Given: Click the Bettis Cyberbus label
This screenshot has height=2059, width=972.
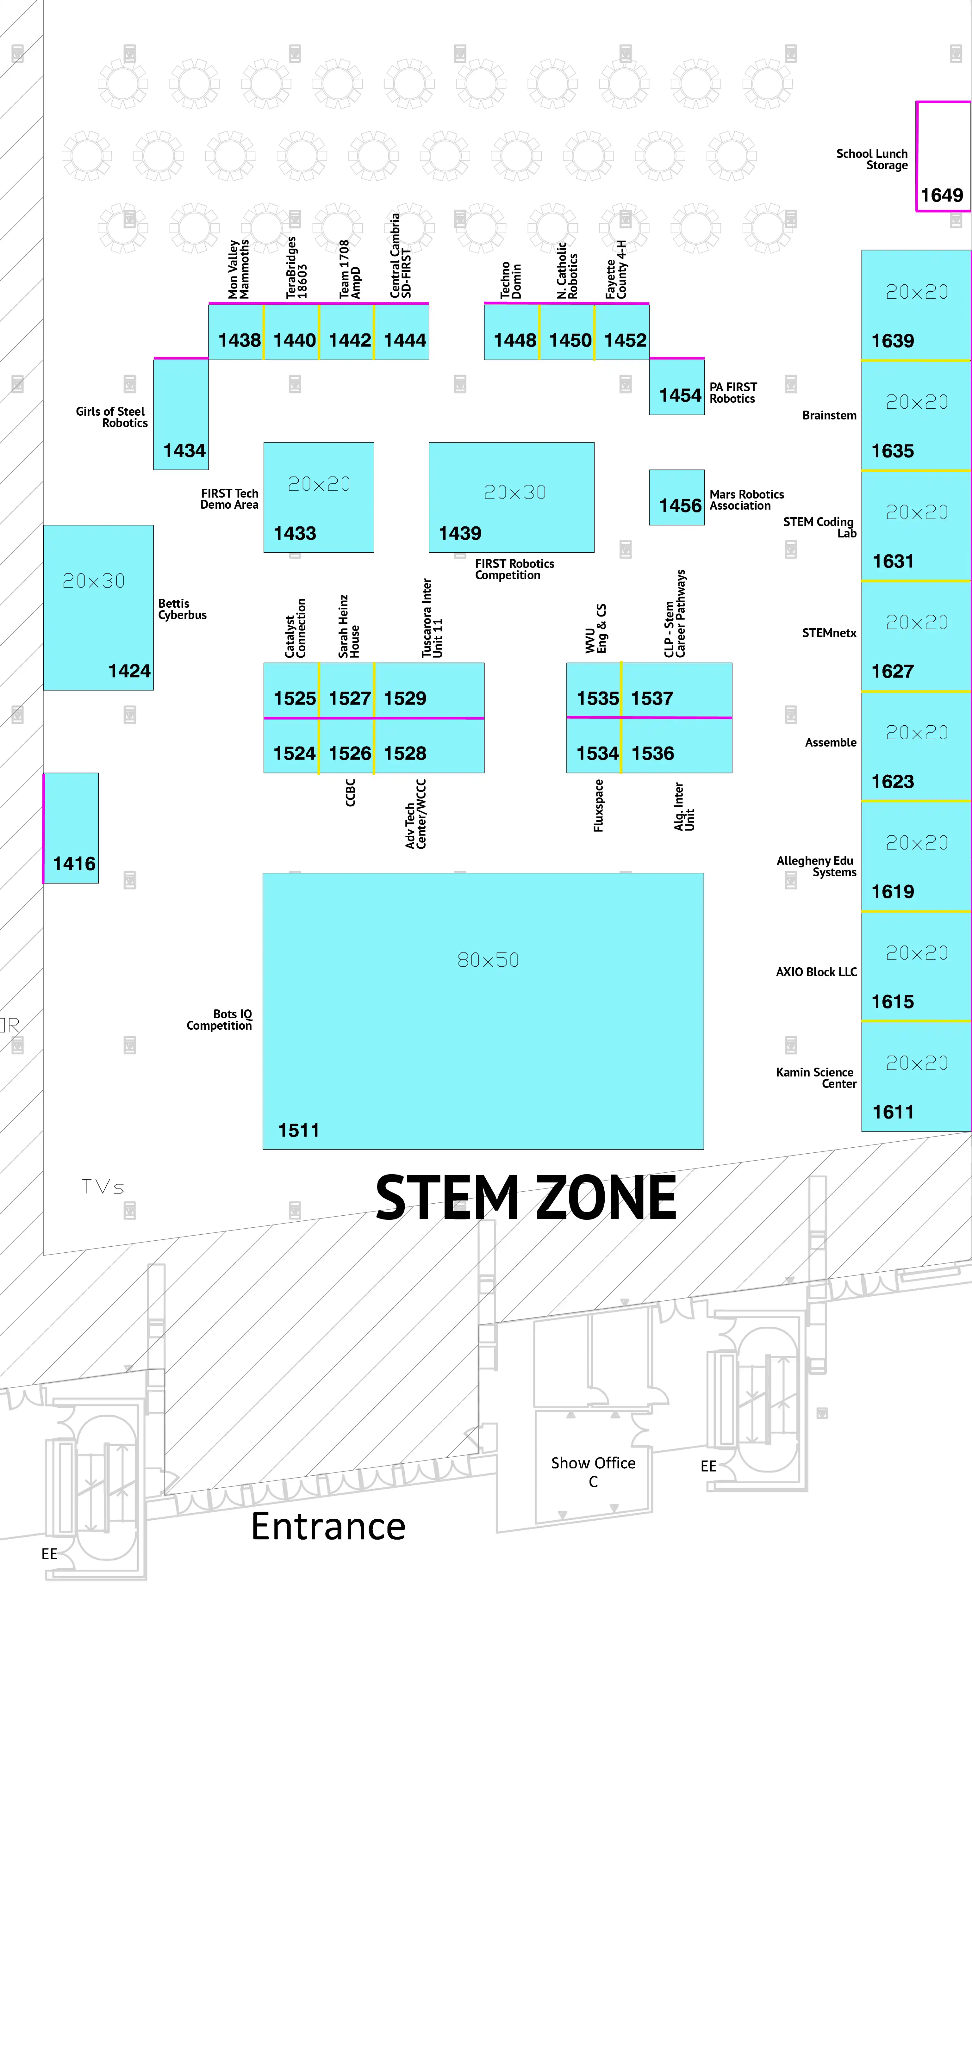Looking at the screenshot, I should (x=182, y=609).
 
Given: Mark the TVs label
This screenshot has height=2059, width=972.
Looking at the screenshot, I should (x=103, y=1187).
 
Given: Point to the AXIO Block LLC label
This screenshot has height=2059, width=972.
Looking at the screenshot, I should (x=816, y=972).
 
